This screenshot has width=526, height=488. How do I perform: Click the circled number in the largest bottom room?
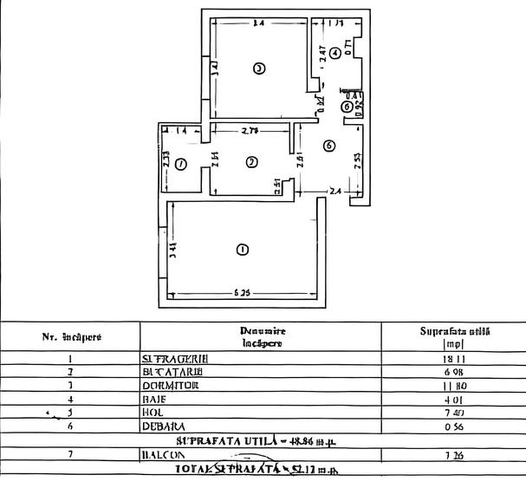pos(242,250)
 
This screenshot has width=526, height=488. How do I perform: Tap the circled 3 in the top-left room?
pos(257,68)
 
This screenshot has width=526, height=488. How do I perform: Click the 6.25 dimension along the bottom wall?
pos(243,293)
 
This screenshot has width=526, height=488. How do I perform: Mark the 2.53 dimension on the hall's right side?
pos(357,160)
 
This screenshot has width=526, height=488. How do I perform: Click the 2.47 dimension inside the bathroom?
pos(322,53)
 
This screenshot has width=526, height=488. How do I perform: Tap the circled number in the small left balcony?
pos(180,164)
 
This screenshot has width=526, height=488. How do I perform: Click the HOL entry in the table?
pos(151,413)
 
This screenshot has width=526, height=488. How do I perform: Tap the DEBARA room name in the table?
pos(163,426)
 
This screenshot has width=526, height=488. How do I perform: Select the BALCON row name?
pos(162,454)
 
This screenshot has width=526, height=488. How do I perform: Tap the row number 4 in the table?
pos(69,400)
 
